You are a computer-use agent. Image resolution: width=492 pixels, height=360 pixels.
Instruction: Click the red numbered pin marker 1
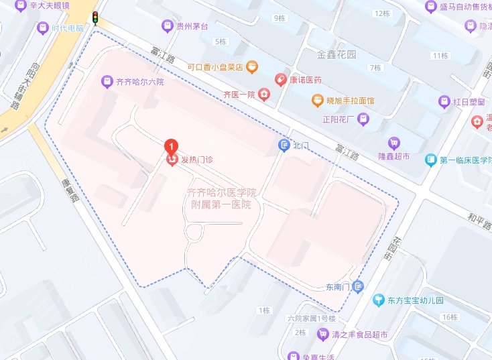coord(171,145)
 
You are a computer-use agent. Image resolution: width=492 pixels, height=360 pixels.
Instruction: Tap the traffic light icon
coord(95,17)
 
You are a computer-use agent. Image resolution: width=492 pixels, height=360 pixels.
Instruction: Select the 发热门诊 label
coord(194,160)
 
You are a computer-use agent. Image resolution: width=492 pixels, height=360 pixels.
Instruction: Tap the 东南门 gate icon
coord(359,287)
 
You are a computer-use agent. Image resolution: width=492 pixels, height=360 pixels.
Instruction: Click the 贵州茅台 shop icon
coord(168,26)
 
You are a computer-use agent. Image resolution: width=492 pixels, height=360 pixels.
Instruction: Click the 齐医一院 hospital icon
coord(265,95)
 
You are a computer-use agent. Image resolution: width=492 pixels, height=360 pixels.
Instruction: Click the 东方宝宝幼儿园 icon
coord(379,300)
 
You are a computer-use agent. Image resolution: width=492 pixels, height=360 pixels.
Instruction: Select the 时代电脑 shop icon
coord(44,28)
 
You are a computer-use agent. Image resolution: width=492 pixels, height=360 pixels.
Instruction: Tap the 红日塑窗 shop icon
coord(443,102)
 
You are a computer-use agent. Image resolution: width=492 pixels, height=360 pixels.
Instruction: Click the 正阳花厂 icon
coord(363,120)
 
